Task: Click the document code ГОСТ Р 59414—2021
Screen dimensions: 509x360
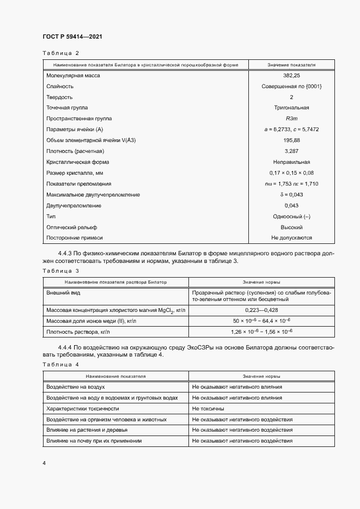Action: (x=72, y=36)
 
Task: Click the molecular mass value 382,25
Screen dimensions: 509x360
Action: (x=291, y=76)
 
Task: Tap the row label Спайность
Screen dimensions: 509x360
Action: (x=60, y=87)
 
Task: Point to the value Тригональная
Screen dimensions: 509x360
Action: (x=291, y=108)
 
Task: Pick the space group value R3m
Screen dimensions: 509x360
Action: (x=291, y=119)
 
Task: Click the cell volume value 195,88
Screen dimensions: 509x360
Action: (x=291, y=140)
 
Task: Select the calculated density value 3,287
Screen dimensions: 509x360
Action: (x=291, y=151)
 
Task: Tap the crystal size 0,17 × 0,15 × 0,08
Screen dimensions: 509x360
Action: (x=291, y=173)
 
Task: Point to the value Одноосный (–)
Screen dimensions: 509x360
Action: (x=291, y=217)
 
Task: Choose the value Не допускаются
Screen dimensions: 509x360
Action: (x=291, y=238)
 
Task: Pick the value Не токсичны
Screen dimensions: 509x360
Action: (x=208, y=408)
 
